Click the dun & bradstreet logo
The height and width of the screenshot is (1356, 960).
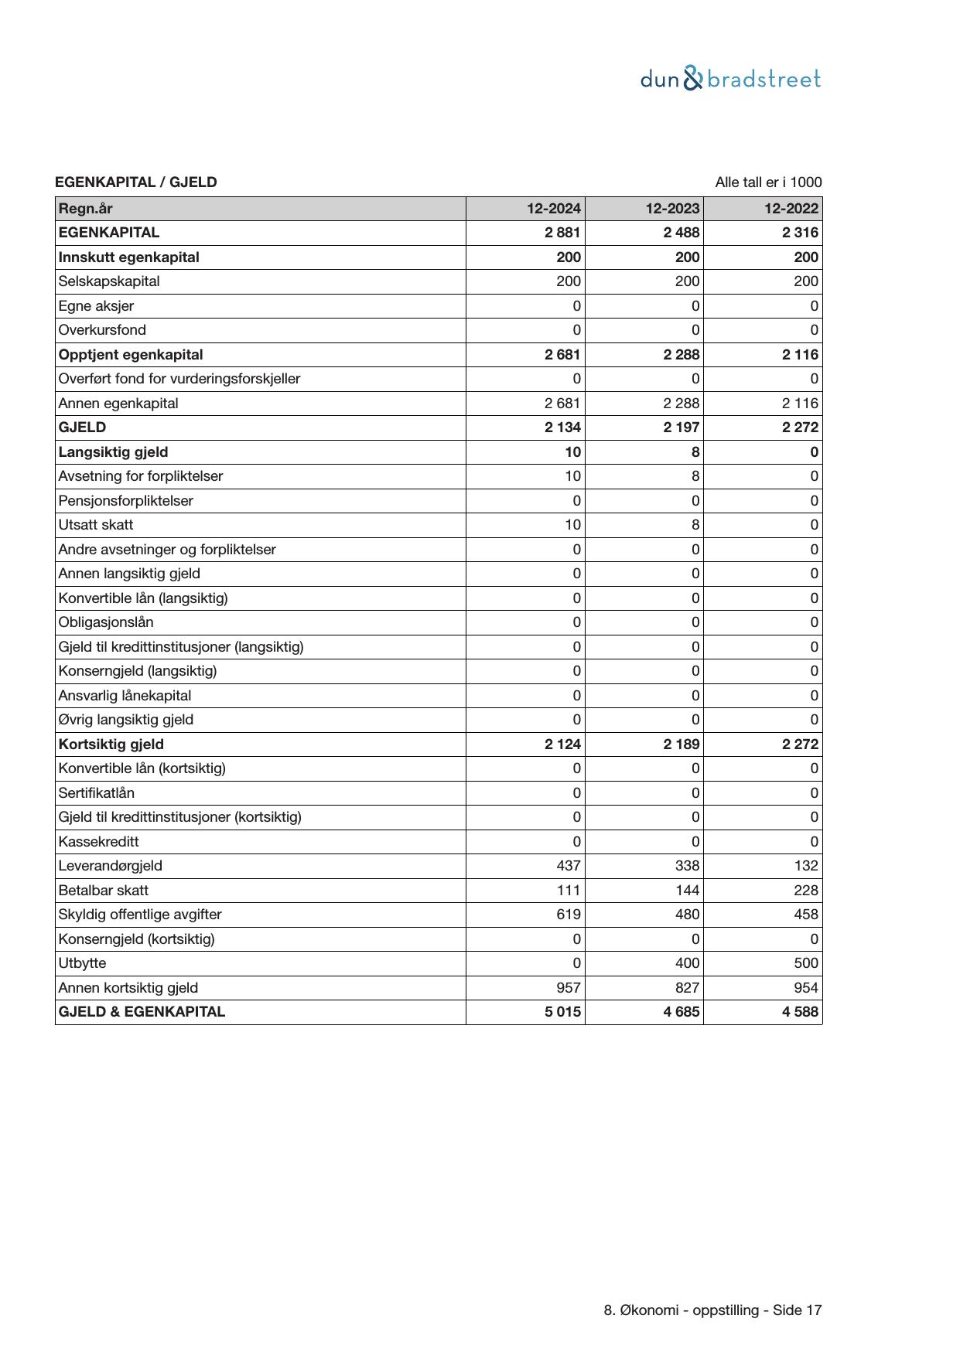point(730,79)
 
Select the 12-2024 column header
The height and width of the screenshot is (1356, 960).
point(554,208)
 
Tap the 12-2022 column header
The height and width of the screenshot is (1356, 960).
point(791,208)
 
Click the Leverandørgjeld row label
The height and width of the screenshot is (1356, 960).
point(111,866)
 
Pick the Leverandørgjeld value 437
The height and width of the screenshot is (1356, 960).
point(569,866)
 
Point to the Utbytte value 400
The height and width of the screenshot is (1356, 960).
point(687,963)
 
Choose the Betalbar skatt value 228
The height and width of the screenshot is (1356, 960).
point(806,891)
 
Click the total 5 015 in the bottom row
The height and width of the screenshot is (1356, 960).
point(562,1012)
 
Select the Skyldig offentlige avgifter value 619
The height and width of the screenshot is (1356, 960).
point(569,915)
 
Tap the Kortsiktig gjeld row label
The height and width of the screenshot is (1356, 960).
point(111,744)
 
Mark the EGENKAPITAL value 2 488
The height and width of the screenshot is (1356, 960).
point(682,233)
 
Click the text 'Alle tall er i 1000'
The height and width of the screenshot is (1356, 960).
point(768,182)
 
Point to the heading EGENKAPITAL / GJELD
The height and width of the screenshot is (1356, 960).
point(136,182)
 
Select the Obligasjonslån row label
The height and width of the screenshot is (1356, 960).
point(106,622)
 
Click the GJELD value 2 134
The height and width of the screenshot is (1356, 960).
point(562,428)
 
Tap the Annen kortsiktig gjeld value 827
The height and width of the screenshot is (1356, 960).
point(687,988)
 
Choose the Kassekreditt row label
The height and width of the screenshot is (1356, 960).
point(99,842)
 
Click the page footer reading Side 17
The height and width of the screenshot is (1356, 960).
point(712,1310)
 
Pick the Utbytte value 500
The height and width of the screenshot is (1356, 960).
point(806,963)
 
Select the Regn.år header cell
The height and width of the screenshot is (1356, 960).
point(86,208)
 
